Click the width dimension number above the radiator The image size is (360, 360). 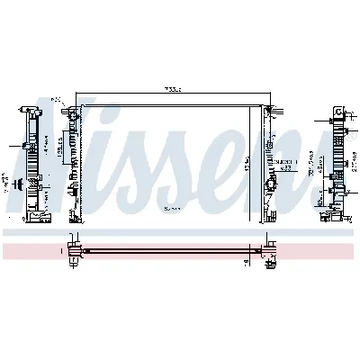173,89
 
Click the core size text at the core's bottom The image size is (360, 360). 171,208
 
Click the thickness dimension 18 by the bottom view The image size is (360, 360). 247,260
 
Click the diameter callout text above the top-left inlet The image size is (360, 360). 56,98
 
